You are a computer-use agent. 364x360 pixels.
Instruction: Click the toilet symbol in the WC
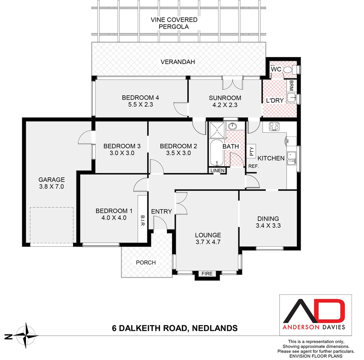click(x=295, y=69)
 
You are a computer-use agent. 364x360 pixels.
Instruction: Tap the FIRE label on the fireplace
click(x=207, y=274)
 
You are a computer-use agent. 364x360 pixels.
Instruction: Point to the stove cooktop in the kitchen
click(x=274, y=126)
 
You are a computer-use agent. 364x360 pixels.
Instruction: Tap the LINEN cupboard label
click(x=217, y=171)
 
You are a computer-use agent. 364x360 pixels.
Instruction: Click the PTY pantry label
click(x=252, y=151)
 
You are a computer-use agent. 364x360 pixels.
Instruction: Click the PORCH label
click(x=146, y=262)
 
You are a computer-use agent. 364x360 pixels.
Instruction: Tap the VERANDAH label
click(x=177, y=62)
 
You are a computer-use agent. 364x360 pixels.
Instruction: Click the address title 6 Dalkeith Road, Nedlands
click(x=174, y=328)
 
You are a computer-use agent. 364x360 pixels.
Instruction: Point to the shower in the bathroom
click(x=217, y=129)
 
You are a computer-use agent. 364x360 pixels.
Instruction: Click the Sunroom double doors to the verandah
click(x=233, y=83)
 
